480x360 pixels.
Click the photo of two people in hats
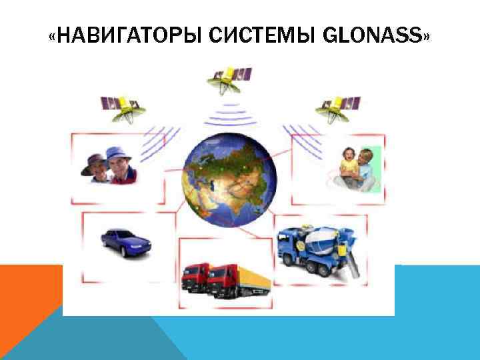[x=109, y=167]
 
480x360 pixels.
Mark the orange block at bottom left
[x=27, y=300]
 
